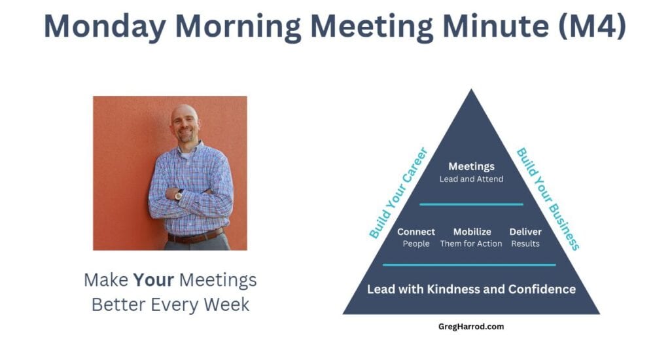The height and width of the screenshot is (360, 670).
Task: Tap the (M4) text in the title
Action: coord(592,26)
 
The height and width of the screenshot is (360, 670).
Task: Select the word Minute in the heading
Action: coord(496,26)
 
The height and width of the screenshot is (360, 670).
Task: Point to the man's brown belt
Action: coord(196,236)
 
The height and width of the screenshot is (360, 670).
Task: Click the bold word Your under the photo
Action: coord(153,280)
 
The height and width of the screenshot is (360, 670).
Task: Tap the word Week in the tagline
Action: coord(226,304)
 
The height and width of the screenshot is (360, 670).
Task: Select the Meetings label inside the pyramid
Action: coord(471,167)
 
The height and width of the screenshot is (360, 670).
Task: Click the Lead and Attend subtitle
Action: coord(471,179)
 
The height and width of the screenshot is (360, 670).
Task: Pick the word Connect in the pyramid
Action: coord(415,232)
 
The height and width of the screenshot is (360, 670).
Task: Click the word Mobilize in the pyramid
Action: coord(472,232)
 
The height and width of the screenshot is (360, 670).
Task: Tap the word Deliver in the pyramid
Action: coord(525,232)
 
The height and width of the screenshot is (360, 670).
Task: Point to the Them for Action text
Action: coord(471,243)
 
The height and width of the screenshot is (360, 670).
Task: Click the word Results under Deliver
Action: coord(525,243)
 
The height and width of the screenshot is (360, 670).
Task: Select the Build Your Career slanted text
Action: coord(398,192)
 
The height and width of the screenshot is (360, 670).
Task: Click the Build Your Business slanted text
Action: coord(548,199)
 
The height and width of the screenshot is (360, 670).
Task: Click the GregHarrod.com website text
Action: coord(471,327)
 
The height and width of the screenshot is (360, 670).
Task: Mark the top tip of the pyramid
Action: coord(471,89)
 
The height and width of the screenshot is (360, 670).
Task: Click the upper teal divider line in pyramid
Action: coord(471,204)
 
